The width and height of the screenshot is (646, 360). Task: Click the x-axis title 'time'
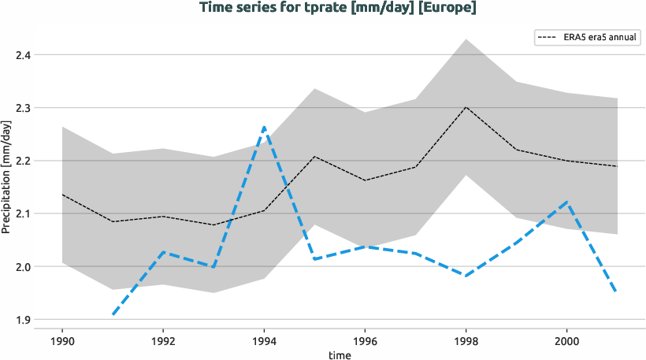pos(340,355)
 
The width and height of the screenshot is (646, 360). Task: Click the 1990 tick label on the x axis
pos(62,342)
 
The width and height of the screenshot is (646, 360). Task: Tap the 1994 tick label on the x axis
pos(264,342)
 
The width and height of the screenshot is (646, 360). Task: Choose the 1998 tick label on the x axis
pos(466,342)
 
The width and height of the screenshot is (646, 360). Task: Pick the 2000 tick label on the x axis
pos(566,342)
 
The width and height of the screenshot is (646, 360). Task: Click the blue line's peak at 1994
pos(264,127)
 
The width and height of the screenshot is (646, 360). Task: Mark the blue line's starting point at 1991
pos(113,315)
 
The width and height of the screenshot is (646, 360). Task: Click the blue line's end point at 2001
pos(616,292)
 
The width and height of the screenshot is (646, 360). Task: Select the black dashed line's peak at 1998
pos(466,107)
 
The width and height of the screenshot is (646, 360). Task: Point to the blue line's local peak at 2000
pos(566,202)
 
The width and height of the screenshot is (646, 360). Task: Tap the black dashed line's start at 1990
pos(62,195)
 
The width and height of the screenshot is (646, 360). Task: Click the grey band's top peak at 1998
pos(466,39)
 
